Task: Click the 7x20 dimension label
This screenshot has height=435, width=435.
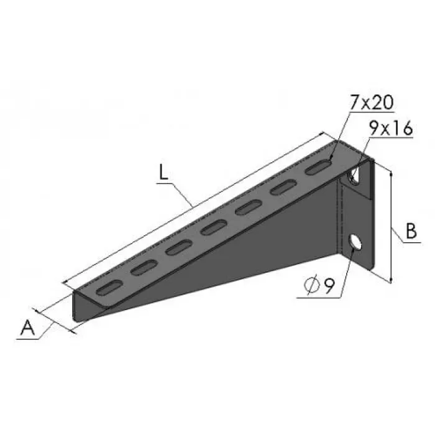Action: point(371,103)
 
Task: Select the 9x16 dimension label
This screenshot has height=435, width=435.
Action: point(391,129)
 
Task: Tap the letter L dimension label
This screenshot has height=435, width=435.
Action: point(163,172)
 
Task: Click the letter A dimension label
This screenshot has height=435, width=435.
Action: point(27,327)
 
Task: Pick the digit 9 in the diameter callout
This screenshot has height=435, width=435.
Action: point(329,285)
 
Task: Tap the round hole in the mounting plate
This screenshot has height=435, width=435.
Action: point(355,242)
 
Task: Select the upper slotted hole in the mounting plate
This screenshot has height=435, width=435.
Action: point(354,176)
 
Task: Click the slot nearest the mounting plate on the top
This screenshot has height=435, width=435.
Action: point(319,168)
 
